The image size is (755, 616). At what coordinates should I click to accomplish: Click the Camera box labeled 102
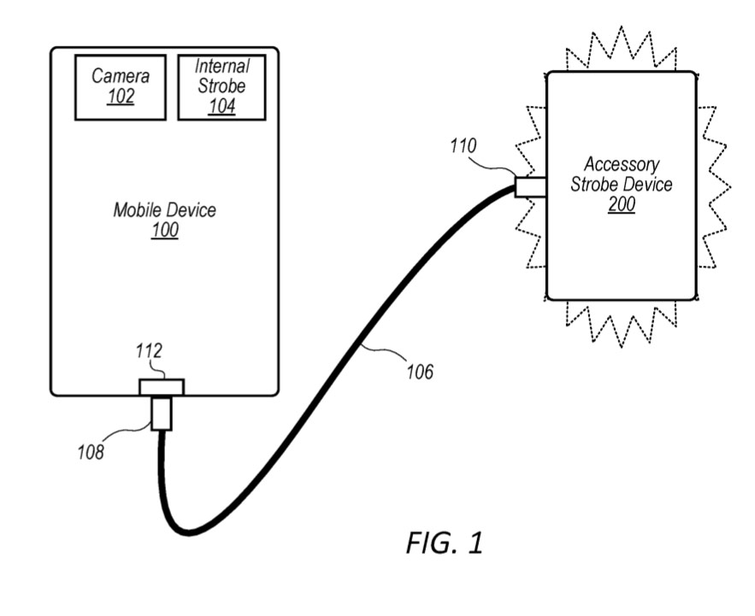tap(120, 87)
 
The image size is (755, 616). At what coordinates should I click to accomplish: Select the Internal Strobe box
tap(221, 87)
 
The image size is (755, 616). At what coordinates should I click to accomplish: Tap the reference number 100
tap(165, 231)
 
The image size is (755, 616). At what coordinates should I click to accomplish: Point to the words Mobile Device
tap(165, 210)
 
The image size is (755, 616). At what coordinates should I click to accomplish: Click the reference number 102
tap(121, 97)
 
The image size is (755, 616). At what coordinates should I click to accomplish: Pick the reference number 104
tap(221, 106)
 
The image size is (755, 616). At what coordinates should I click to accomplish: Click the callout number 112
tap(150, 349)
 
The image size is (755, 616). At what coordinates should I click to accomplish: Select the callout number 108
tap(88, 452)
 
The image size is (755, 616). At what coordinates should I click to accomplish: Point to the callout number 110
tap(463, 147)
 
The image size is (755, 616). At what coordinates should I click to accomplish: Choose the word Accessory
tap(622, 164)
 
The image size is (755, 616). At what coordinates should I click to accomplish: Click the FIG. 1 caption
tap(445, 543)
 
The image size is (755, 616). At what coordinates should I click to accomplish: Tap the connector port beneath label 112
tap(162, 387)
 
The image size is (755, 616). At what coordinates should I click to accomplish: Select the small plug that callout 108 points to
tap(162, 414)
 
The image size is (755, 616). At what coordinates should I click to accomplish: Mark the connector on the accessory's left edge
tap(531, 185)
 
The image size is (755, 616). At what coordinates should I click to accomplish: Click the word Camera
tap(121, 76)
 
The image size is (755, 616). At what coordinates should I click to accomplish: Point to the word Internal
tap(222, 67)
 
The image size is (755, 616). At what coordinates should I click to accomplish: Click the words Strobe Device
tap(622, 184)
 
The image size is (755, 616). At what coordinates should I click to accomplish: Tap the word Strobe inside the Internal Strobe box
tap(221, 86)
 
